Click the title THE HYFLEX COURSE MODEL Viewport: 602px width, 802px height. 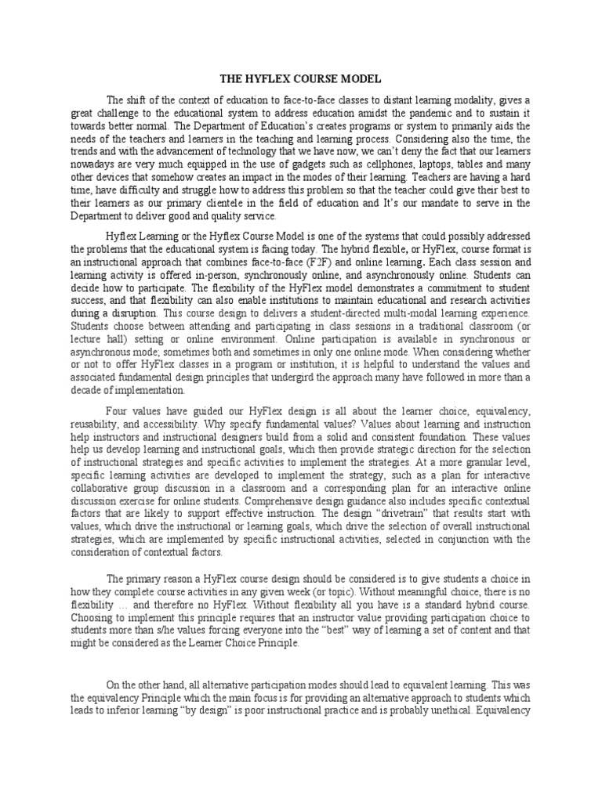click(300, 79)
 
